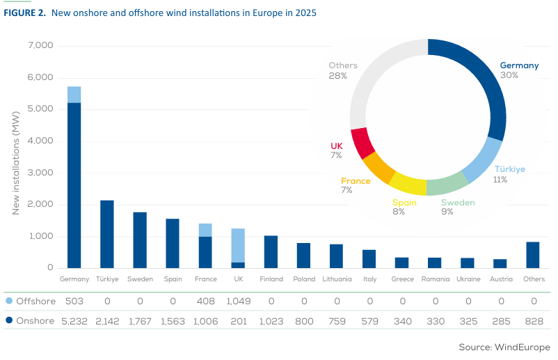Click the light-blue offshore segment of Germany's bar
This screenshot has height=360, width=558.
pos(74,94)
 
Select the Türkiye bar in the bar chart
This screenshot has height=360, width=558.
pos(106,234)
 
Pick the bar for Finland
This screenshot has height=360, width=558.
pos(271,251)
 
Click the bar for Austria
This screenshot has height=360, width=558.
pos(500,263)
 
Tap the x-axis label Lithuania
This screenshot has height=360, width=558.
pos(336,279)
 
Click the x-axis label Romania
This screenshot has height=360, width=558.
pos(434,279)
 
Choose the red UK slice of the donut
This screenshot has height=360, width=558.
pos(363,143)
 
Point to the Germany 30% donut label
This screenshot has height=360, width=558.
pos(519,70)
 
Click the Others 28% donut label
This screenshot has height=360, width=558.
pos(342,70)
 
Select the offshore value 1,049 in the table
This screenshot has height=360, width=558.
pos(238,301)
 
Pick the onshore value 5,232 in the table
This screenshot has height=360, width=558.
pos(74,322)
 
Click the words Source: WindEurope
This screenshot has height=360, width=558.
pos(504,347)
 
